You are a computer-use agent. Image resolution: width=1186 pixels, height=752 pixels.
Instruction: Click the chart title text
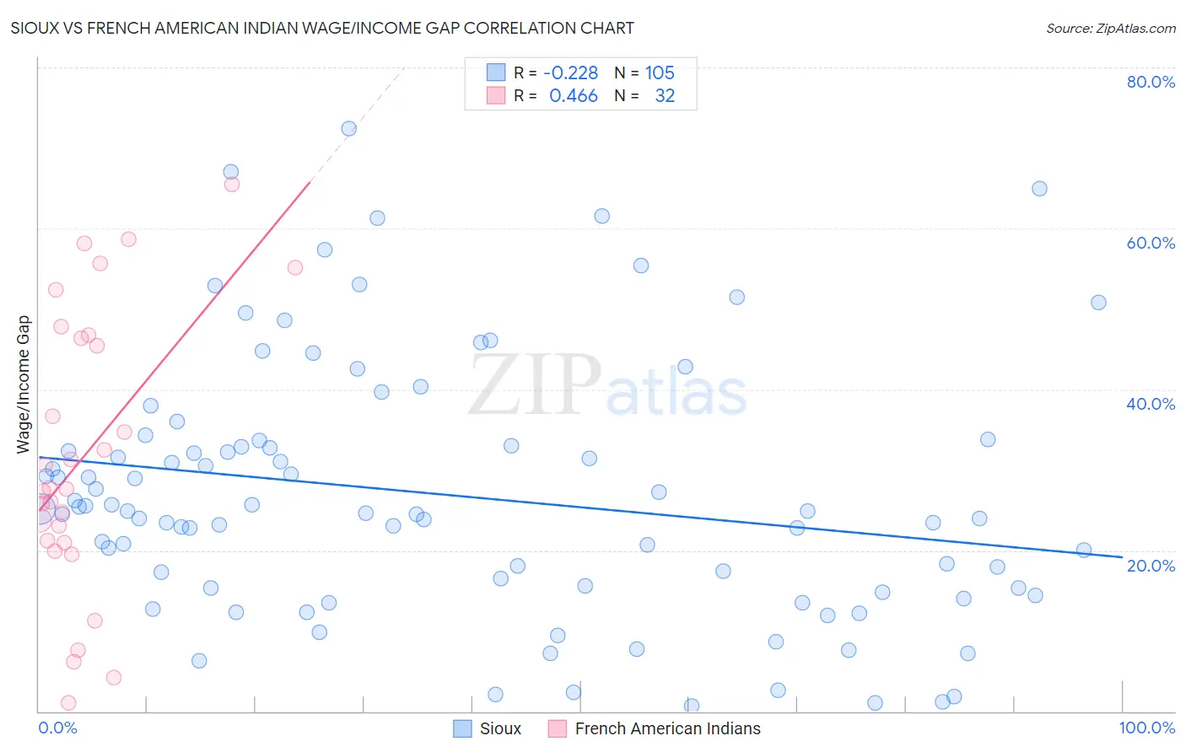coord(322,28)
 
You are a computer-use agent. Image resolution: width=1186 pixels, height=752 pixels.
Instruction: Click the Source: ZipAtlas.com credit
coord(1110,28)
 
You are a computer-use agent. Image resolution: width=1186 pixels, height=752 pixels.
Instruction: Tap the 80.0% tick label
coord(1151,82)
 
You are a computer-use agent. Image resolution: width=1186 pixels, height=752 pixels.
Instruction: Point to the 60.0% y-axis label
coord(1151,243)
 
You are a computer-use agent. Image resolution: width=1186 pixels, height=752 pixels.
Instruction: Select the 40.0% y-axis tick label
coord(1151,404)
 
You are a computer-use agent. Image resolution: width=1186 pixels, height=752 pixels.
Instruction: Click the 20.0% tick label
coord(1151,565)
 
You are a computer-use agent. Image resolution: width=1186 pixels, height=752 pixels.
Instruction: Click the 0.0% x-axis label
coord(57,728)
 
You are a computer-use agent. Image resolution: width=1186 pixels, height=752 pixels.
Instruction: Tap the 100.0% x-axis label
coord(1146,728)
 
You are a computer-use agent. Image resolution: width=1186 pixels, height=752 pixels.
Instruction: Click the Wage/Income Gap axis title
coord(24,384)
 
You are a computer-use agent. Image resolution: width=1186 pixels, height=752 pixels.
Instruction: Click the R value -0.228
coord(570,73)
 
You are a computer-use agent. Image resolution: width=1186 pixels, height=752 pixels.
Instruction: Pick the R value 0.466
coord(574,96)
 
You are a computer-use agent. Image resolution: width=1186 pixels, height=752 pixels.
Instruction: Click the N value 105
coord(660,73)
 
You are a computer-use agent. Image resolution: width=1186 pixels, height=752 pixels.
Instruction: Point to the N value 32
coord(665,96)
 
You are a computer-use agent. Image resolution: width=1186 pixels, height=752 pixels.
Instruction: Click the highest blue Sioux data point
coord(348,129)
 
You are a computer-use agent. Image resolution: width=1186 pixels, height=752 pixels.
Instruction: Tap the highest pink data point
coord(232,185)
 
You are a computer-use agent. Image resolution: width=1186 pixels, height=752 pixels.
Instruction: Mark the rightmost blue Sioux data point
coord(1098,303)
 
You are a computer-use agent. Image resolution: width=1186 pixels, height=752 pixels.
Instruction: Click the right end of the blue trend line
coord(1121,557)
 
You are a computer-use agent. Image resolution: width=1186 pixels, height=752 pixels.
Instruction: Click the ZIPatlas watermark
coord(607,386)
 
